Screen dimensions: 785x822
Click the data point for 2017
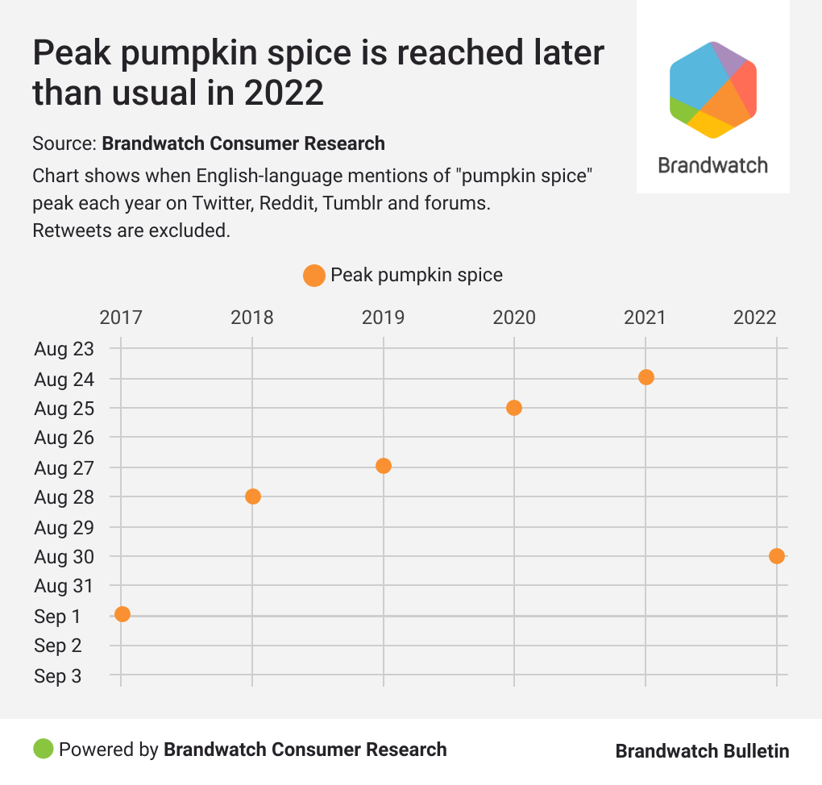click(x=122, y=614)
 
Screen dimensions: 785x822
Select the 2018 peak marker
click(x=252, y=496)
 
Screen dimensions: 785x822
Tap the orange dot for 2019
click(x=384, y=466)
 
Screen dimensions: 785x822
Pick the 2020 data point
click(x=514, y=408)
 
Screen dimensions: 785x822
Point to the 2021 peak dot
click(x=646, y=377)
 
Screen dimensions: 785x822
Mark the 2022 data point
click(x=776, y=556)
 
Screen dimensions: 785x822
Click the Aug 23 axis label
click(x=64, y=349)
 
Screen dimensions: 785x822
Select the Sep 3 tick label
click(x=57, y=676)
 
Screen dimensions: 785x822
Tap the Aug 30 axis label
click(x=64, y=557)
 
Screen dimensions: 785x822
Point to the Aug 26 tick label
click(x=64, y=438)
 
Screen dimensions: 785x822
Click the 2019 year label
click(x=383, y=318)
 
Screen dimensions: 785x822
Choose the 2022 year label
click(x=755, y=318)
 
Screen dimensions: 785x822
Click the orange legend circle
click(x=313, y=276)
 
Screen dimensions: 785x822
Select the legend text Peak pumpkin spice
click(x=416, y=276)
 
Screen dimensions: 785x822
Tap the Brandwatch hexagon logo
click(x=712, y=89)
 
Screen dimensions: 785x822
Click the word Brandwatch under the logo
click(x=712, y=166)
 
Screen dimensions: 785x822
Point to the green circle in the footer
click(x=43, y=749)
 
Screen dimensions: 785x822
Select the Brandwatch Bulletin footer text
click(x=702, y=751)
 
